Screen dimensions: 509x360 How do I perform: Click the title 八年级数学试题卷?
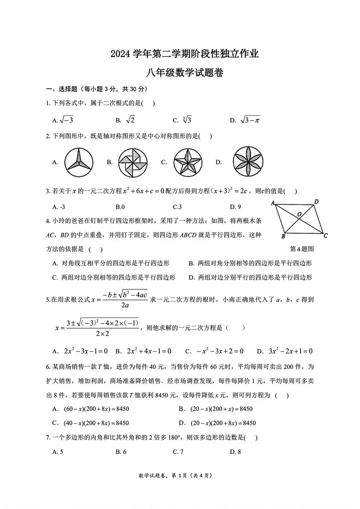(x=184, y=73)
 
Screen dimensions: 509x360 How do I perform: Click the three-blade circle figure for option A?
(x=79, y=162)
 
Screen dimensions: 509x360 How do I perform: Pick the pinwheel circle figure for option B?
(x=133, y=162)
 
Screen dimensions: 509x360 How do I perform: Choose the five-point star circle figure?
(x=188, y=162)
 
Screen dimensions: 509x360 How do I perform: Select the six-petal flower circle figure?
(x=248, y=162)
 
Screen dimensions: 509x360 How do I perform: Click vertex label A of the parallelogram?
(x=273, y=203)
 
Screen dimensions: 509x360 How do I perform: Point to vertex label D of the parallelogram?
(x=316, y=202)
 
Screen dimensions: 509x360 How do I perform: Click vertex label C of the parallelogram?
(x=325, y=236)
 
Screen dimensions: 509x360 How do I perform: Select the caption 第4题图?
(x=302, y=249)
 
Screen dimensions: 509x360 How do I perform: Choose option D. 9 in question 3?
(x=235, y=207)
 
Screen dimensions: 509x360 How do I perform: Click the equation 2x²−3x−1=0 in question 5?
(x=86, y=351)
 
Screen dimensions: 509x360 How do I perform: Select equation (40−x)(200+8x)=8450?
(x=96, y=423)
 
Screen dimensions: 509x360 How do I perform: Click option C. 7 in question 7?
(x=178, y=452)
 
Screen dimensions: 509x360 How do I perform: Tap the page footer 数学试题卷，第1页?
(x=175, y=475)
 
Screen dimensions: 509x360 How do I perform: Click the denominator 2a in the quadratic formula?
(x=125, y=305)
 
